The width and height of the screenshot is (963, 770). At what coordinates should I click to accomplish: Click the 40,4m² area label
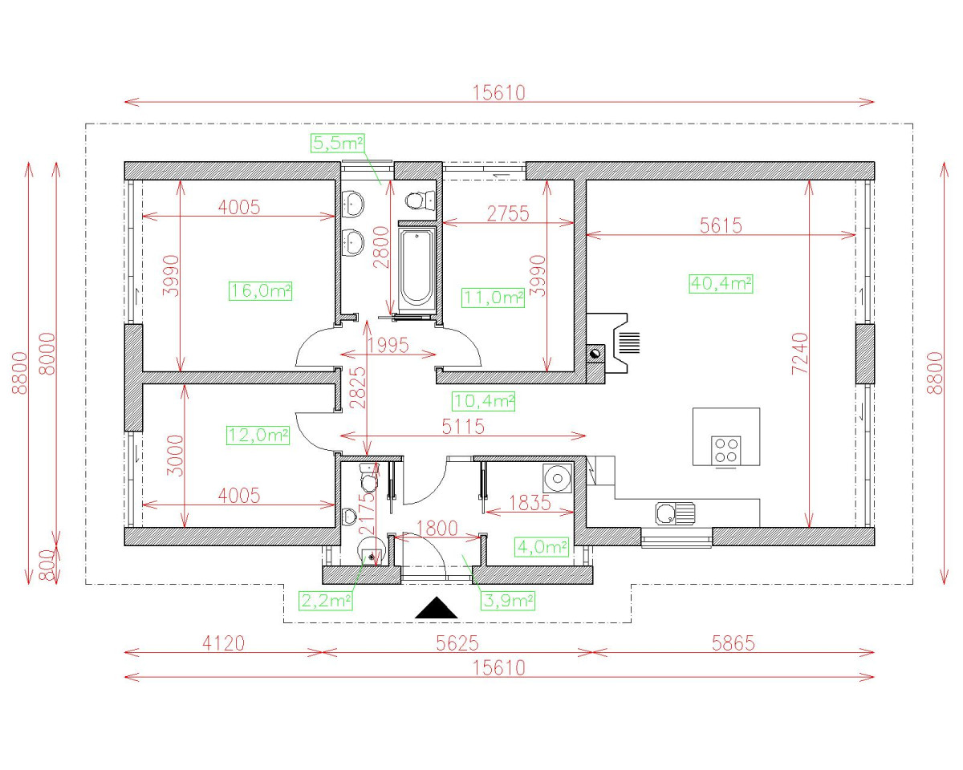pyautogui.click(x=721, y=284)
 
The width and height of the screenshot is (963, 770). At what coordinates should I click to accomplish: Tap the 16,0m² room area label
pyautogui.click(x=260, y=291)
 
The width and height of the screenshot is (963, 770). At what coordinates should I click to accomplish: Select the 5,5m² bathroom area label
pyautogui.click(x=337, y=144)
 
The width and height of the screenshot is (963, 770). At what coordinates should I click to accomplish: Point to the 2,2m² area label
pyautogui.click(x=325, y=601)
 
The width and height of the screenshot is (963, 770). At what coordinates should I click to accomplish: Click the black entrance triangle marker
pyautogui.click(x=436, y=608)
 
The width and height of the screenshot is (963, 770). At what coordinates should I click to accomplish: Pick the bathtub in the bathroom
pyautogui.click(x=416, y=268)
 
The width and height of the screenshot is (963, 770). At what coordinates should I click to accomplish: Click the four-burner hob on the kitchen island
pyautogui.click(x=725, y=451)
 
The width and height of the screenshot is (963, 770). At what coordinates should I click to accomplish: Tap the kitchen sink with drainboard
pyautogui.click(x=675, y=513)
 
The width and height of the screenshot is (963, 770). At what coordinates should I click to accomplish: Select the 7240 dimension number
pyautogui.click(x=799, y=354)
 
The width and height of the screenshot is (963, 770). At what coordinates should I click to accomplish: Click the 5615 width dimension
pyautogui.click(x=721, y=225)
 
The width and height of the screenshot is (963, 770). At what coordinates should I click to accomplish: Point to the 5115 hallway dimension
pyautogui.click(x=463, y=427)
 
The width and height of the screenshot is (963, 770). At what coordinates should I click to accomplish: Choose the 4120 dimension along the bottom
pyautogui.click(x=223, y=643)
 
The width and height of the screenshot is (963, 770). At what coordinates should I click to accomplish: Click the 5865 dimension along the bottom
pyautogui.click(x=733, y=643)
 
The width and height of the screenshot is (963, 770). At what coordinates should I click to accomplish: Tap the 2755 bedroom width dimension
pyautogui.click(x=508, y=213)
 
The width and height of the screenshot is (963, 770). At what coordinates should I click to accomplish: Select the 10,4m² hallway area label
pyautogui.click(x=483, y=401)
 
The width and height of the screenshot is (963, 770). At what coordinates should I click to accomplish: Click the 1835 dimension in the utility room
pyautogui.click(x=530, y=503)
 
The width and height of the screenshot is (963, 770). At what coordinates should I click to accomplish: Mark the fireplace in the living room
pyautogui.click(x=613, y=343)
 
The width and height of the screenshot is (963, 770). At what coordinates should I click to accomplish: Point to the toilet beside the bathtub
pyautogui.click(x=421, y=201)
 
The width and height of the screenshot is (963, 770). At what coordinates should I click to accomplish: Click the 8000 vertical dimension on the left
pyautogui.click(x=47, y=354)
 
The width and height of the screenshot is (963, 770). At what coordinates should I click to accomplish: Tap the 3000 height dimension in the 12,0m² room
pyautogui.click(x=175, y=456)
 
